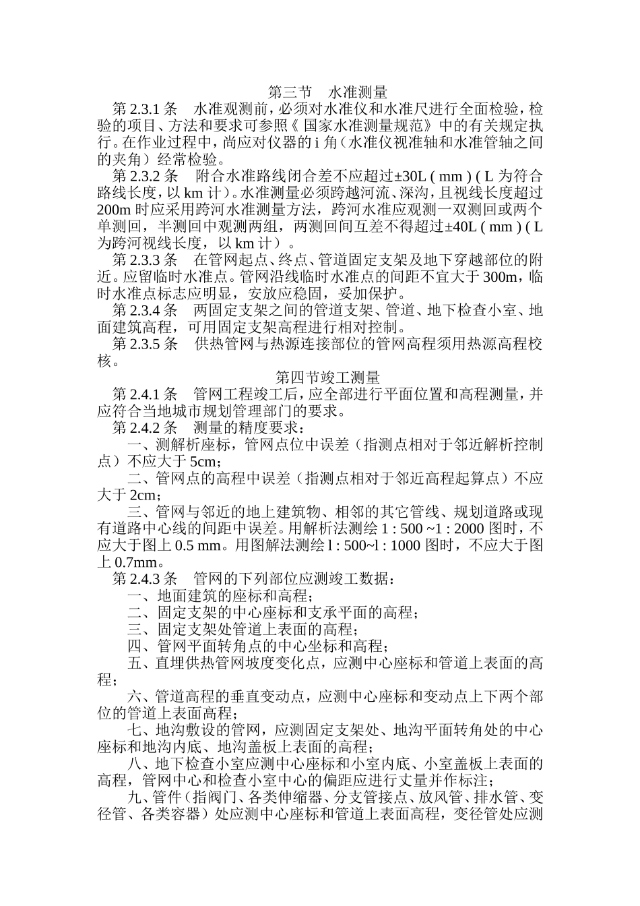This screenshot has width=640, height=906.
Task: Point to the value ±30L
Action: point(411,177)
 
